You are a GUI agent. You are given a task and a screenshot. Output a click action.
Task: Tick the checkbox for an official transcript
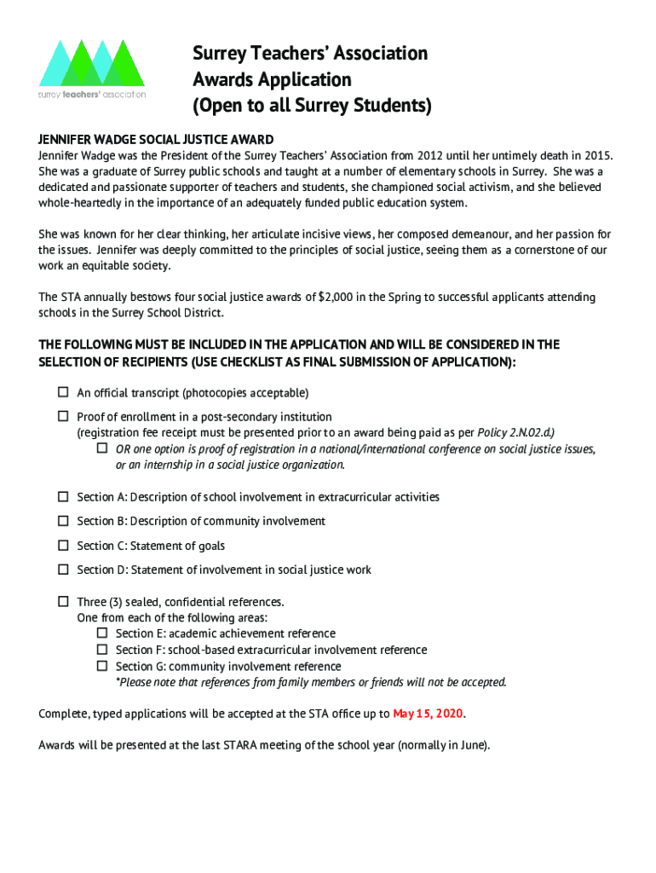coord(63,392)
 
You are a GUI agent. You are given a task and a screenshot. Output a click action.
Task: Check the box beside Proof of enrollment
coord(63,416)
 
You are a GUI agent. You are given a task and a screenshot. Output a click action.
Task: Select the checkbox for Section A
coord(63,496)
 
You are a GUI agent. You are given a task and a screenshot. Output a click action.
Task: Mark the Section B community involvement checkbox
coord(63,520)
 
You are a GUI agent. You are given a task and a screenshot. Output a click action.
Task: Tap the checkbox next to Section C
coord(63,545)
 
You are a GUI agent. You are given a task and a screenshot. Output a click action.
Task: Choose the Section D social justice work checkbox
coord(63,569)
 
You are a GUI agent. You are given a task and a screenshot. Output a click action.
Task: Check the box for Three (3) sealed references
coord(63,601)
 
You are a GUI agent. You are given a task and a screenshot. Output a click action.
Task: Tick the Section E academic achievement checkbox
coord(101,633)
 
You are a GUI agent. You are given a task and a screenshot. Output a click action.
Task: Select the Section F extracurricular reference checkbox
coord(101,650)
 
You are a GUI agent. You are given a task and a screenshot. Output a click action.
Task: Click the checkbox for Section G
coord(101,666)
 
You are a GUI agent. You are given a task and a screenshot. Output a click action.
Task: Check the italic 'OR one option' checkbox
coord(101,448)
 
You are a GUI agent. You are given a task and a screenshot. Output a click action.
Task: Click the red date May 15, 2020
coord(429,714)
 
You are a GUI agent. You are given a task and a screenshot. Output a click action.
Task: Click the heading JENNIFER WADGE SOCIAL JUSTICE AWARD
coord(156,140)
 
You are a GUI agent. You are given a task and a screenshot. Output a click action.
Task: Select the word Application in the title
coord(305,80)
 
